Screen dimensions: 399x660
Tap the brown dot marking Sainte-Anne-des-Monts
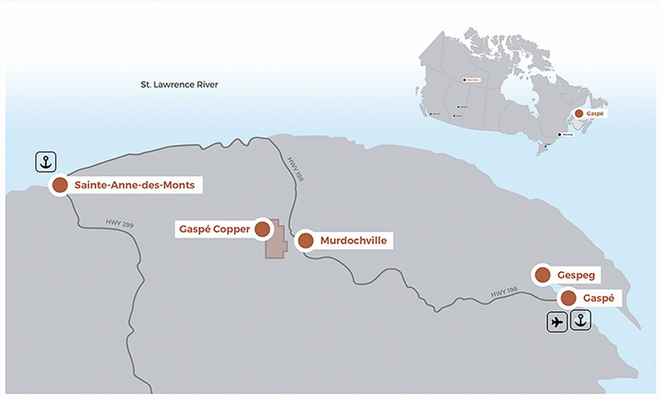point(60,185)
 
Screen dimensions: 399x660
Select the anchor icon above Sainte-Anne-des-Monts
point(46,161)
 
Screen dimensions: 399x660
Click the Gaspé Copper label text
point(214,229)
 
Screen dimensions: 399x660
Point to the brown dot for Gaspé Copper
point(263,229)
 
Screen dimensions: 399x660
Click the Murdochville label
point(354,240)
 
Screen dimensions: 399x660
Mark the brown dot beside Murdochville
point(305,240)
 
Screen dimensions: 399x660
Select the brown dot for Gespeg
point(543,275)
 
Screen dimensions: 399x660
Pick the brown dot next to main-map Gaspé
point(568,297)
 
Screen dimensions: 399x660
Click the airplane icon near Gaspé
point(556,322)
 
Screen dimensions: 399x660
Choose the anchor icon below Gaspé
point(581,322)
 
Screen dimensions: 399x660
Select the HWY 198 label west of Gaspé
point(504,291)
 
